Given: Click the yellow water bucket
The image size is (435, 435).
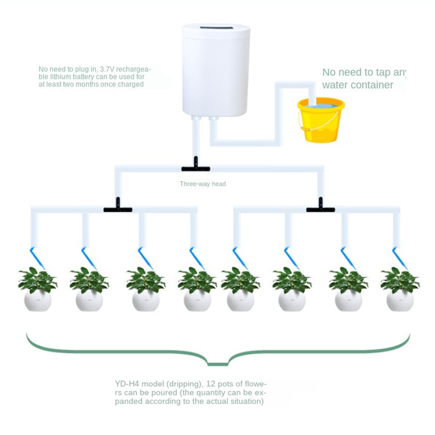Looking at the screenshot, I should pyautogui.click(x=321, y=122).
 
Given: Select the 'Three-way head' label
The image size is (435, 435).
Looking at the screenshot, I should pyautogui.click(x=203, y=184).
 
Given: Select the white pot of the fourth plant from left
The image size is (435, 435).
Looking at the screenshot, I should pyautogui.click(x=197, y=301).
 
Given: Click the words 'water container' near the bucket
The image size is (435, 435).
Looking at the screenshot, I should pyautogui.click(x=357, y=85).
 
